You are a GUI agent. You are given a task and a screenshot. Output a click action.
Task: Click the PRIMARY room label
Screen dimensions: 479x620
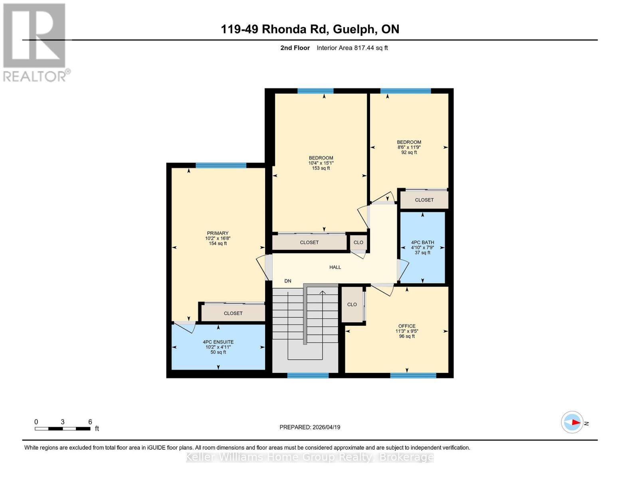[x=218, y=234]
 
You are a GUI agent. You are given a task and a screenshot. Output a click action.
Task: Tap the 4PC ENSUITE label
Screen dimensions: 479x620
[x=218, y=342]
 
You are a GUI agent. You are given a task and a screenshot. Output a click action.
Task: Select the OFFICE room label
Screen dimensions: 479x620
[x=407, y=326]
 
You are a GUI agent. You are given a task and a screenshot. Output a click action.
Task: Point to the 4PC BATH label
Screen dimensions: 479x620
[x=422, y=242]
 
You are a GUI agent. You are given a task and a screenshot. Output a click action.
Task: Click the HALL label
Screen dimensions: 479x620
[x=335, y=267]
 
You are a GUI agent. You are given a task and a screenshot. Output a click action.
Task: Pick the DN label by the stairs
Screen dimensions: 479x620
[x=287, y=281]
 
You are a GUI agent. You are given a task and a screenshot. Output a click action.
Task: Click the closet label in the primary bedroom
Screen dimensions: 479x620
[x=233, y=313]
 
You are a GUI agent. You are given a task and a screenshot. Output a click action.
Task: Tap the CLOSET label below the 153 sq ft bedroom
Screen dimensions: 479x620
[x=309, y=242]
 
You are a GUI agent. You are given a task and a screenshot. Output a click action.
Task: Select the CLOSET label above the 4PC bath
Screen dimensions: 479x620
[x=424, y=200]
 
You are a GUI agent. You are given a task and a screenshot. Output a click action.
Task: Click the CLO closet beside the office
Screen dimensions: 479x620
[x=352, y=305]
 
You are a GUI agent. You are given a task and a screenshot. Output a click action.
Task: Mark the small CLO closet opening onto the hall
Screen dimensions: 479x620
[x=358, y=242]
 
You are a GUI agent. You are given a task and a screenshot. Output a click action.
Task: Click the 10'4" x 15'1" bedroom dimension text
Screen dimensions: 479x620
[x=321, y=163]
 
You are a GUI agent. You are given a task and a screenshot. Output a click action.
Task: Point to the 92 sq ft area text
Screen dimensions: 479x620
[x=409, y=152]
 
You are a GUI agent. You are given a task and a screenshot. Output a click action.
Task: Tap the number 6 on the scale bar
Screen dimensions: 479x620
[x=90, y=422]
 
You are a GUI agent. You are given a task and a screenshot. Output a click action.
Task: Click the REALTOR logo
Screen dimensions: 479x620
[x=35, y=42]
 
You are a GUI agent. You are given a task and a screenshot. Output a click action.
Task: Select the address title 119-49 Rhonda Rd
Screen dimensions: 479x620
[x=310, y=29]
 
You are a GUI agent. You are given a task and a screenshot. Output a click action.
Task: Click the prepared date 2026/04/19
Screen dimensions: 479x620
[x=310, y=427]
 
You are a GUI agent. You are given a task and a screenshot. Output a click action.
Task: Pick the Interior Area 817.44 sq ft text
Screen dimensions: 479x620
[x=352, y=48]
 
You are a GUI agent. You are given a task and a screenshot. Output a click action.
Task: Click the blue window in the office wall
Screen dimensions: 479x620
[x=413, y=375]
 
